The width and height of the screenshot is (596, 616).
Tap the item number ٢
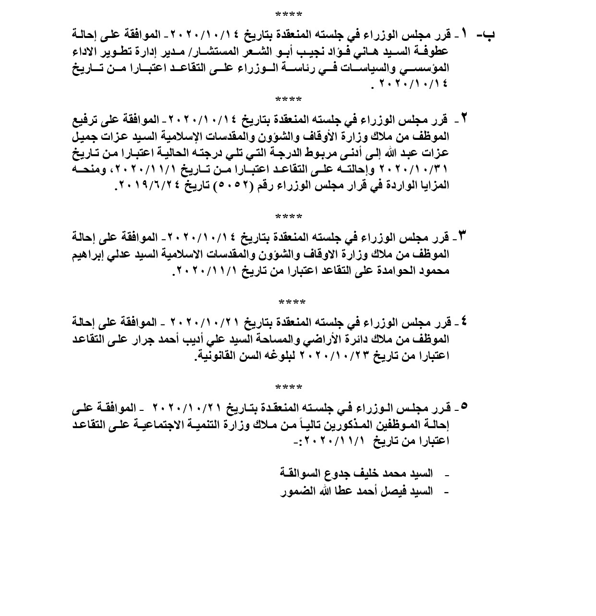pos(464,118)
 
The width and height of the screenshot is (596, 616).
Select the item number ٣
pos(463,236)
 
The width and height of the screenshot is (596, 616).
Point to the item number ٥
pos(463,407)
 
